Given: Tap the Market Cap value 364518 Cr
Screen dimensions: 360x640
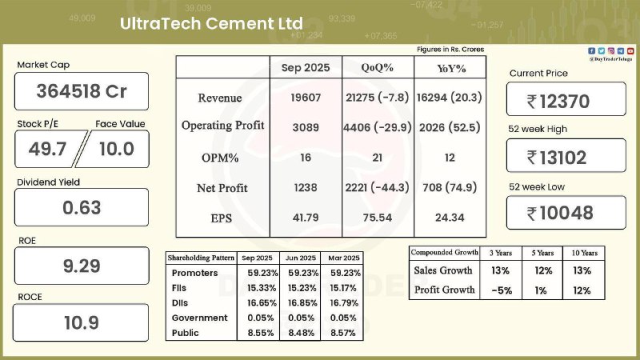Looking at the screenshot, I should click(82, 91).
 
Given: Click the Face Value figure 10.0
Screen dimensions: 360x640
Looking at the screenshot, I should click(117, 148).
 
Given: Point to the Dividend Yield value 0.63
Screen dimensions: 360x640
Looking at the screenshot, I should click(82, 208).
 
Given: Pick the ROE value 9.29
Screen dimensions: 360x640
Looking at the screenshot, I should click(82, 266).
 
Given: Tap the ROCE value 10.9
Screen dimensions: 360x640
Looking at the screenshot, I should click(82, 323).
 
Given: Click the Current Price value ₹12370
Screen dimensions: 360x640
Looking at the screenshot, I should click(566, 101).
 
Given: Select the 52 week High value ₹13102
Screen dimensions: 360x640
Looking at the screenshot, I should click(566, 157).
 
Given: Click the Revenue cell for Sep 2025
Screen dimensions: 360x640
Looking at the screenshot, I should click(305, 98).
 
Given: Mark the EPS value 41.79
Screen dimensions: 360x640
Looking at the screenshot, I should click(305, 218).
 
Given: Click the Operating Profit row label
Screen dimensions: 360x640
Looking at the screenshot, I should click(222, 126).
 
